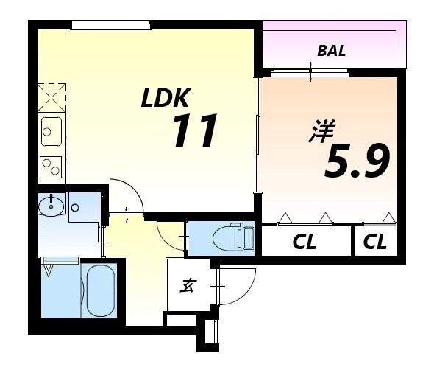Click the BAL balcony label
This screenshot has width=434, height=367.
[x=331, y=52]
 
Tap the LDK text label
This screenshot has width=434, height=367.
[x=166, y=98]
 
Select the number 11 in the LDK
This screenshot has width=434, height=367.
[x=195, y=132]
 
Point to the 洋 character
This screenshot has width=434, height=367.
[x=321, y=134]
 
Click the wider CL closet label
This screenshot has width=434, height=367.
[x=305, y=242]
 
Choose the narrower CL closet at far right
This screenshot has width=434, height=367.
[x=375, y=242]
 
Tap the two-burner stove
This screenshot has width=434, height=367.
[x=51, y=167]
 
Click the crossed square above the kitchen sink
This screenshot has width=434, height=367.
[x=51, y=96]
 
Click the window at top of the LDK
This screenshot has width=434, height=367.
[x=110, y=26]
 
